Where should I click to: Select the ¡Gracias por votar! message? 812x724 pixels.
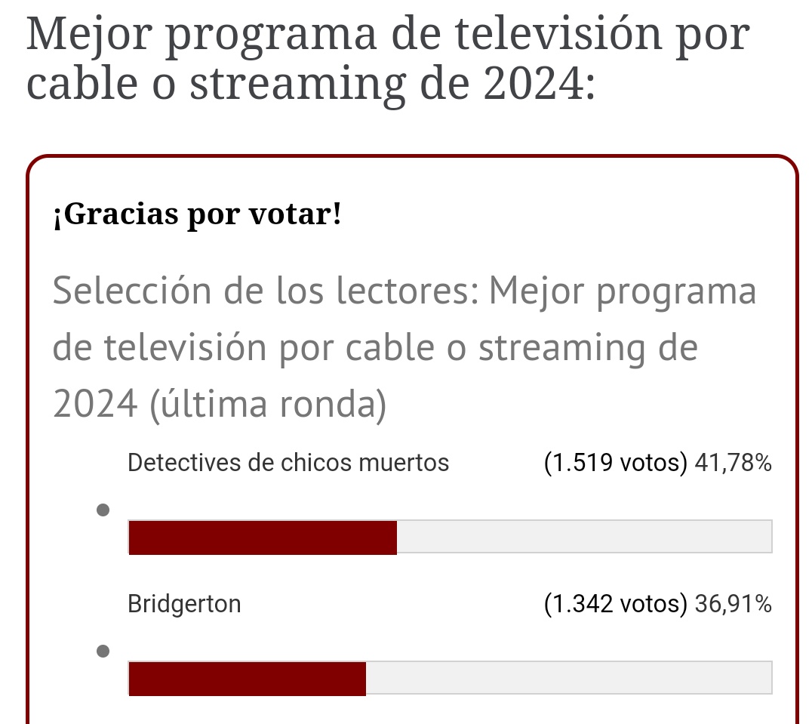pos(197,216)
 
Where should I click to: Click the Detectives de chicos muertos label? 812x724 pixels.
pos(288,463)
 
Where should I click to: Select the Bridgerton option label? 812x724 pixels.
pos(184,604)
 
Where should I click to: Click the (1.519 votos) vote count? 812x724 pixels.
pos(615,463)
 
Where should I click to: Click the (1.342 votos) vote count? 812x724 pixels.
pos(615,604)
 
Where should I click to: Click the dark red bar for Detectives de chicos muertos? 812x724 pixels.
pos(263,538)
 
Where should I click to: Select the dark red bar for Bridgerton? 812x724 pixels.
pos(247,678)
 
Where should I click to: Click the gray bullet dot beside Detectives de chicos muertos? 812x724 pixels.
pos(104,510)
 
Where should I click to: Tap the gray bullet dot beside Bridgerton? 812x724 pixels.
pos(104,651)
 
